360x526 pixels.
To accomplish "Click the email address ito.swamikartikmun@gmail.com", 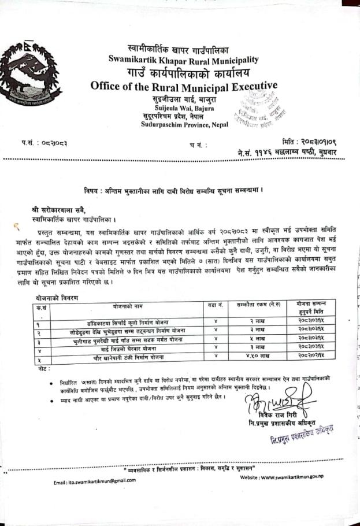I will (90, 481).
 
